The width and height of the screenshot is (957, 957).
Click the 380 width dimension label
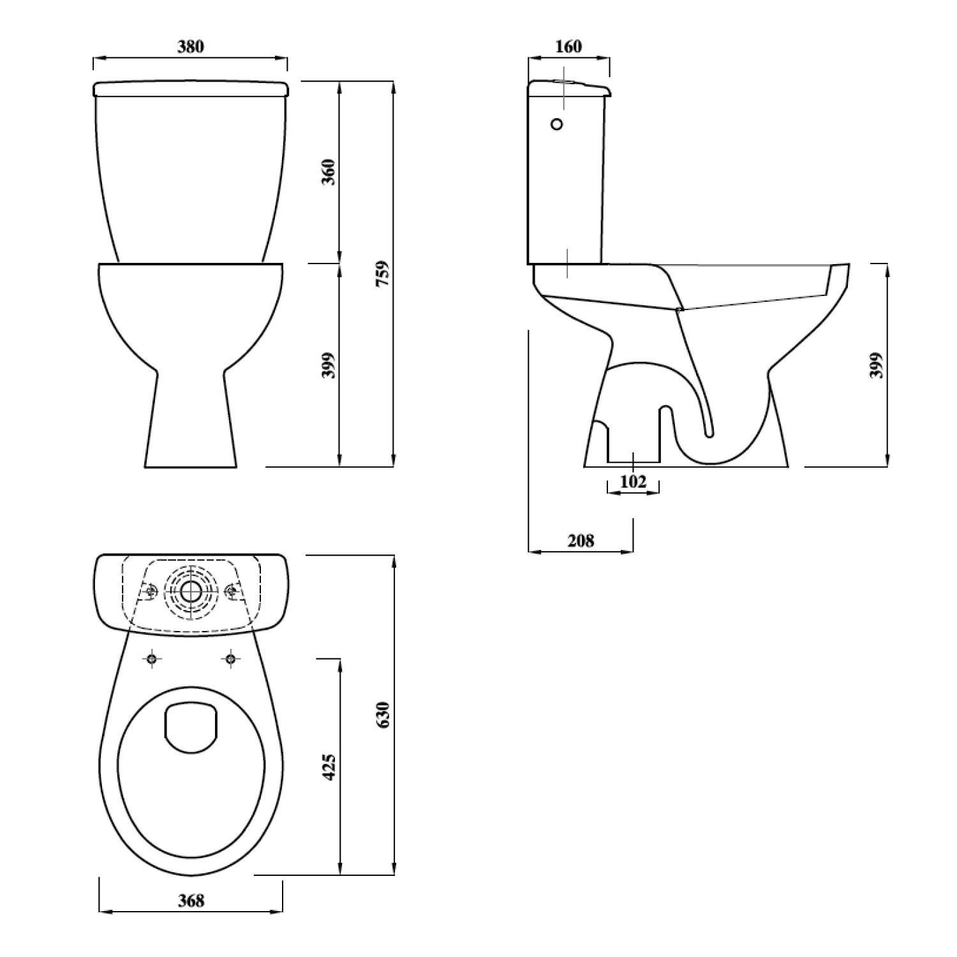pyautogui.click(x=191, y=47)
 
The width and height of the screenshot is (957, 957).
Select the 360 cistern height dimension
pyautogui.click(x=328, y=172)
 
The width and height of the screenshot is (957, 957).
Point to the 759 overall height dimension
pyautogui.click(x=382, y=273)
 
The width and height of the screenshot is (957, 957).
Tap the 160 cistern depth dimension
pyautogui.click(x=568, y=47)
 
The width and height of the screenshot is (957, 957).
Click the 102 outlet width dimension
pyautogui.click(x=633, y=482)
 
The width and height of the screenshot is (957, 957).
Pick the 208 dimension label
pyautogui.click(x=581, y=541)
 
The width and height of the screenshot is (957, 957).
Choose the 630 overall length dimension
pyautogui.click(x=382, y=716)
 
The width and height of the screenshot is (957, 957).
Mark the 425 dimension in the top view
pyautogui.click(x=328, y=767)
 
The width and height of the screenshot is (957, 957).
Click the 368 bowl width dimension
pyautogui.click(x=191, y=900)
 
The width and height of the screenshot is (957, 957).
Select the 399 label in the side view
pyautogui.click(x=877, y=365)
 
